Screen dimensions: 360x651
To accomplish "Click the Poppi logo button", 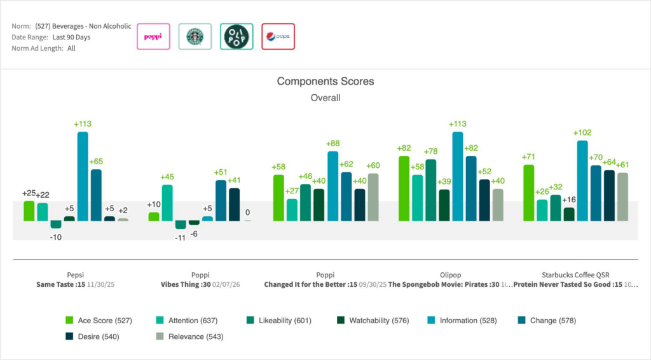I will click(153, 37).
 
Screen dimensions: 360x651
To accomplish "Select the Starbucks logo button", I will click(195, 37).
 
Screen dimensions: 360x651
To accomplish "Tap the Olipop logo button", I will click(236, 37).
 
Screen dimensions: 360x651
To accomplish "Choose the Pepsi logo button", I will click(278, 37).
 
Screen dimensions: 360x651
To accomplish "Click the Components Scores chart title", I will click(325, 81).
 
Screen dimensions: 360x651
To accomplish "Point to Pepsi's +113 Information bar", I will click(83, 176).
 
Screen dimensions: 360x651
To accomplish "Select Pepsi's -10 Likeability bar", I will click(56, 225).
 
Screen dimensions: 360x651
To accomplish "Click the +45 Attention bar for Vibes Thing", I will click(167, 202).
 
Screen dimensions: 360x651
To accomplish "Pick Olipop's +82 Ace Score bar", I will click(404, 188).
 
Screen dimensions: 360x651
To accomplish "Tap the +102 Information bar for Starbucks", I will click(582, 181).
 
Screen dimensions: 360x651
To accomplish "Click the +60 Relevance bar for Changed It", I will click(373, 197).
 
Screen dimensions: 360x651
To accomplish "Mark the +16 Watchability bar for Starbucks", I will click(569, 214).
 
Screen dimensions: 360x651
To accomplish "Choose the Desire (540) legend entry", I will click(92, 336).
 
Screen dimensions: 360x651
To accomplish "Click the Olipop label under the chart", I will click(450, 275).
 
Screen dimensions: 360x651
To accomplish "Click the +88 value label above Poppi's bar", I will click(333, 144).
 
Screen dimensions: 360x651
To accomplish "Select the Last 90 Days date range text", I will click(71, 38).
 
